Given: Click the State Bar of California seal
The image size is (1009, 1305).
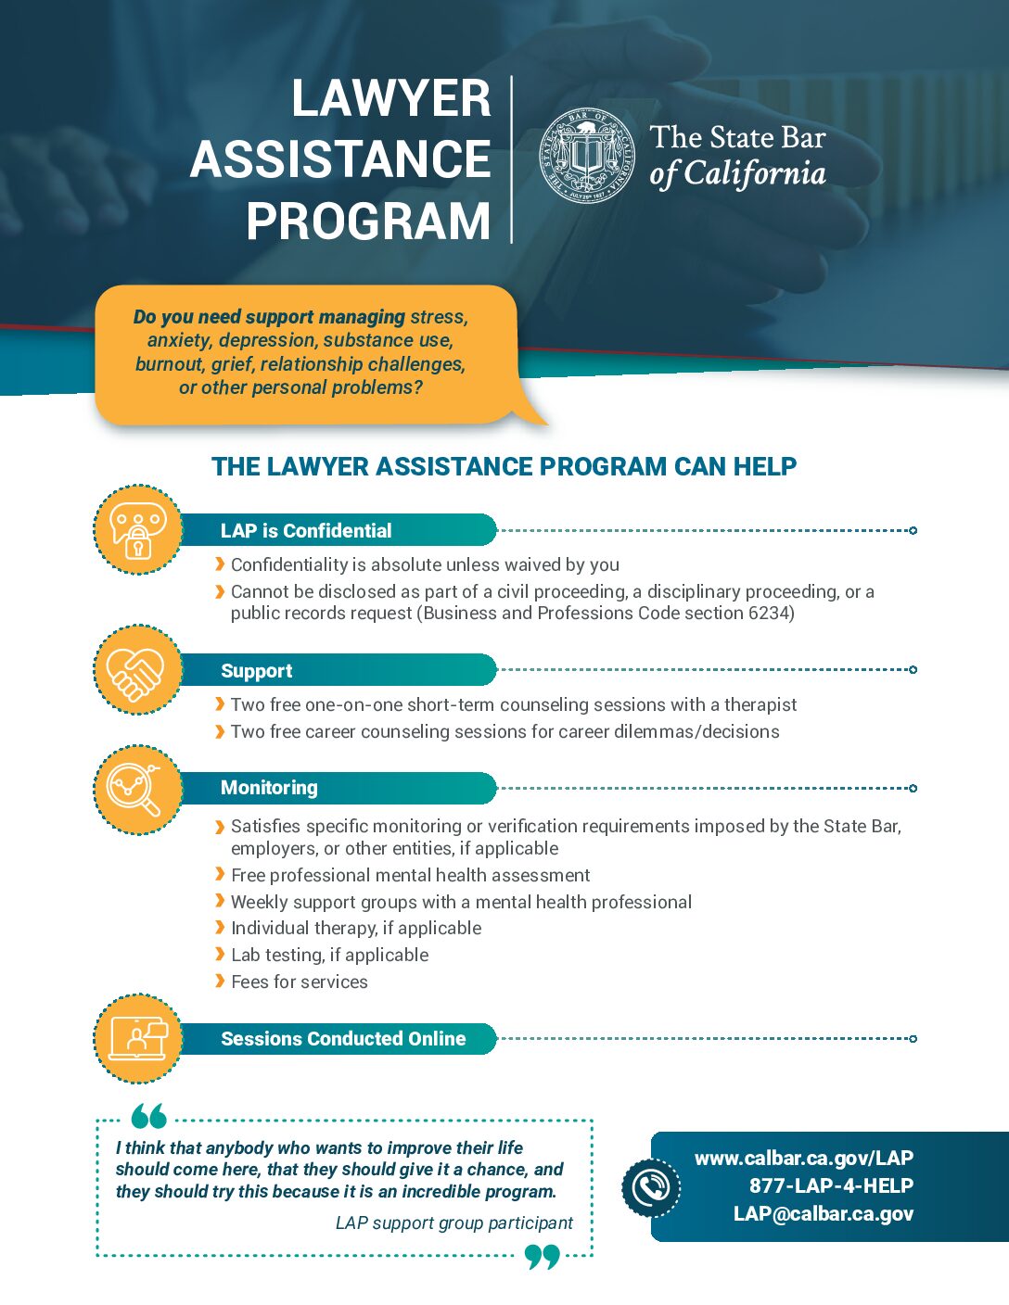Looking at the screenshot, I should [x=588, y=156].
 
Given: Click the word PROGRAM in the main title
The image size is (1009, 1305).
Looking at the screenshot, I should [x=368, y=222].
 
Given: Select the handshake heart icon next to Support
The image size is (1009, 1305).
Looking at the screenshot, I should [x=137, y=670].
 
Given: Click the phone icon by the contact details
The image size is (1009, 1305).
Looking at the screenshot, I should [x=651, y=1187].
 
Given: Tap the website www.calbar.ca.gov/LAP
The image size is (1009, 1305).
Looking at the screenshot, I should [x=803, y=1158].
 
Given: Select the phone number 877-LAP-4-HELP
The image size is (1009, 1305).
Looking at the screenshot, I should [x=831, y=1185].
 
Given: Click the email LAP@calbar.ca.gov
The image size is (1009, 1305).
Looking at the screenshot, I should [x=823, y=1213].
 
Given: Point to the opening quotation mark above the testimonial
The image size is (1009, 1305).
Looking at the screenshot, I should [x=148, y=1115].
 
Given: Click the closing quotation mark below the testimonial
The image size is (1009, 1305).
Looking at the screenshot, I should [x=542, y=1257].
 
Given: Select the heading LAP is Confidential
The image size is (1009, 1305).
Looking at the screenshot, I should [x=306, y=531].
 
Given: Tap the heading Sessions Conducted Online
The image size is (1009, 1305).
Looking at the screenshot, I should [x=343, y=1039].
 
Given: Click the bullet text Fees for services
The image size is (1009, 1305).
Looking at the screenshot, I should [x=299, y=982].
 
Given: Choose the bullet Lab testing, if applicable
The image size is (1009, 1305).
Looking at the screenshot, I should [x=329, y=955].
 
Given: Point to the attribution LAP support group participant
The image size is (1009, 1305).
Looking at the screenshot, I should [x=453, y=1223].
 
